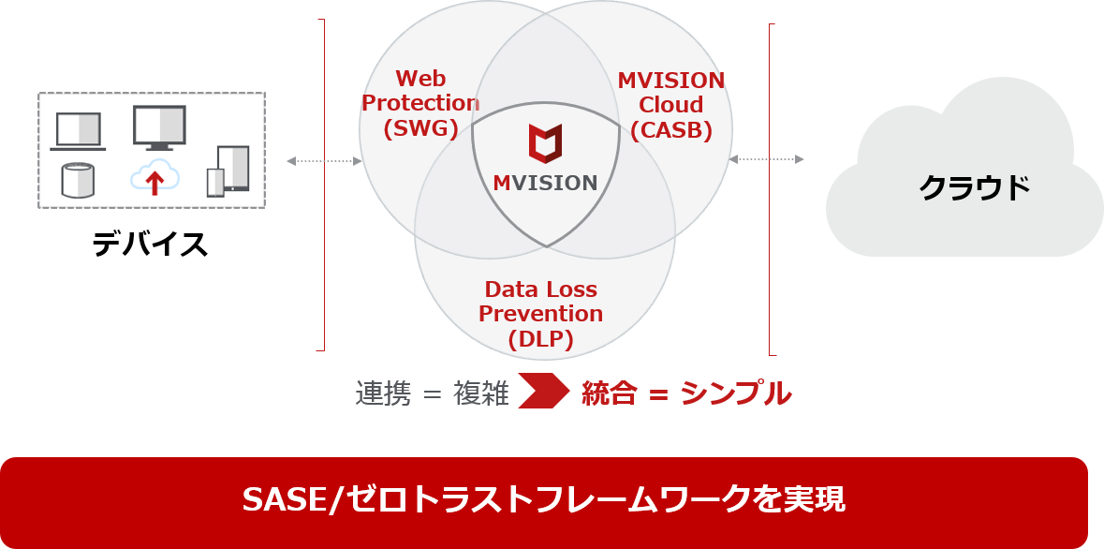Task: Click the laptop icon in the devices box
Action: click(78, 132)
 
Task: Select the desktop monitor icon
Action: click(159, 127)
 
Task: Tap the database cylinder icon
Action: click(78, 181)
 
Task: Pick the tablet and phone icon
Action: click(228, 171)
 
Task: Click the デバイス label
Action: click(150, 244)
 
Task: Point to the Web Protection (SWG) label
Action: click(420, 103)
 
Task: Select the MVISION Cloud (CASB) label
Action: click(671, 104)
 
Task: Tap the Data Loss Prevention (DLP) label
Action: click(540, 315)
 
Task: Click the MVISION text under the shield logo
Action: click(545, 184)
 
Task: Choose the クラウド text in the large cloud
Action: click(975, 187)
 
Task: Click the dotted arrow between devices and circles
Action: click(324, 161)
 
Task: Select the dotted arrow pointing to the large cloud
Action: click(766, 159)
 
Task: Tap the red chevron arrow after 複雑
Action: click(543, 392)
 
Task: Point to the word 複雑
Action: click(481, 393)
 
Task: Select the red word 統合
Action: click(609, 393)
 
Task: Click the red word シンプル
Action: click(736, 393)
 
